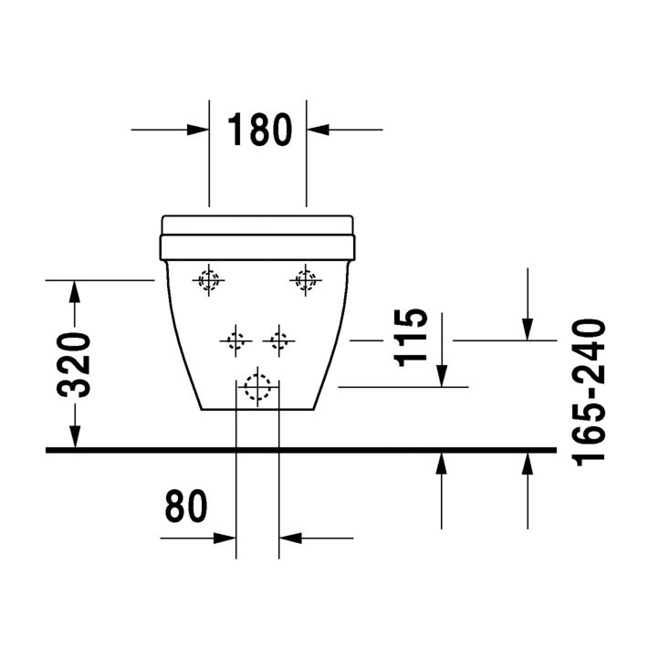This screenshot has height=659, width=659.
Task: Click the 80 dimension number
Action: tap(186, 507)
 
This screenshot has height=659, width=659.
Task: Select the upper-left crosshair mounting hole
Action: tap(210, 281)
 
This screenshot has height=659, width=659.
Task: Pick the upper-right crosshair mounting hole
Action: tap(305, 281)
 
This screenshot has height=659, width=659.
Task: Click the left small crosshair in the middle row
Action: tap(236, 341)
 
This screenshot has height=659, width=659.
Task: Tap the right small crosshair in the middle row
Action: tap(278, 341)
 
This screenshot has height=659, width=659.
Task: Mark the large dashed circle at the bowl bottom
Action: tap(258, 388)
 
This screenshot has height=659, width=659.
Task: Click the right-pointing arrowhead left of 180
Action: tap(200, 130)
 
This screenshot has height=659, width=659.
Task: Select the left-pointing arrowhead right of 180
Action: tap(317, 130)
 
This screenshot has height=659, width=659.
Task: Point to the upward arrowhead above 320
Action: tap(75, 290)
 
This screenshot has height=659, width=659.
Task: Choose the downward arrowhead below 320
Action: tap(75, 440)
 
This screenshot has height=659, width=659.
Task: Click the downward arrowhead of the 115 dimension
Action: tap(441, 376)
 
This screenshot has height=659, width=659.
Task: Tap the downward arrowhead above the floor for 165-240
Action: tap(528, 329)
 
